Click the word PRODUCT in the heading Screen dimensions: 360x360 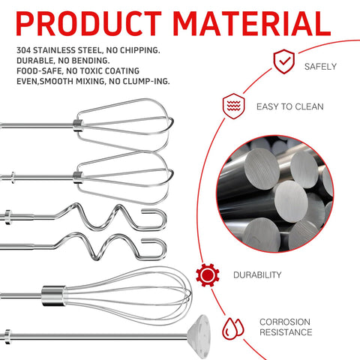(x=88, y=24)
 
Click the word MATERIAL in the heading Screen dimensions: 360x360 (x=252, y=24)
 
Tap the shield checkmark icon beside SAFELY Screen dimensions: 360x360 (x=283, y=61)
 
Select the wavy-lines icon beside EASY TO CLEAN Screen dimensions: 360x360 (x=233, y=106)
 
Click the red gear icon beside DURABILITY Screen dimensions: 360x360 (x=208, y=275)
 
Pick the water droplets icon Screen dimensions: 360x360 (x=232, y=328)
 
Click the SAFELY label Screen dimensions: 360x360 (x=320, y=67)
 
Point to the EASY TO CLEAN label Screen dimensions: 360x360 (x=290, y=106)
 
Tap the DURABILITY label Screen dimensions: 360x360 (x=257, y=275)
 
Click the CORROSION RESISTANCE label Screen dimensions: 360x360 (x=286, y=327)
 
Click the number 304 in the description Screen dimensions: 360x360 (x=24, y=50)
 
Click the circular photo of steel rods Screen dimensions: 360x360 (x=274, y=194)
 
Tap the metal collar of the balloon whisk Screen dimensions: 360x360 (x=53, y=295)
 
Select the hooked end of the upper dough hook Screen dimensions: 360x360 (x=156, y=219)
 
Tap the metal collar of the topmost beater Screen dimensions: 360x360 (x=78, y=124)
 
